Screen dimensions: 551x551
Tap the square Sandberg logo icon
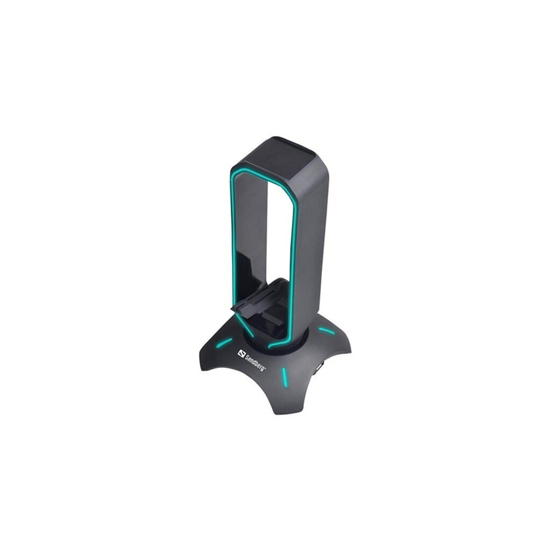(241, 354)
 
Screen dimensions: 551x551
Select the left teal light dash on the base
(225, 342)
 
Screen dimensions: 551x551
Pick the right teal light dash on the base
(326, 331)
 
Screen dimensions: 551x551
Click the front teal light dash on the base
(284, 377)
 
